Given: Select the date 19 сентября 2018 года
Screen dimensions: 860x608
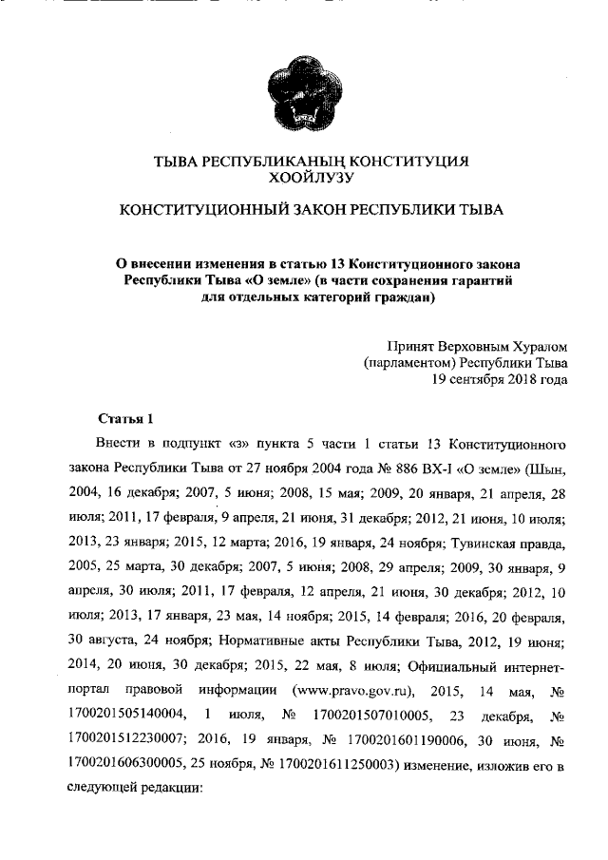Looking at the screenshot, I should coord(500,380).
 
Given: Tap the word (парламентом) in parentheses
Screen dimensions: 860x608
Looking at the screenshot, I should coord(407,363).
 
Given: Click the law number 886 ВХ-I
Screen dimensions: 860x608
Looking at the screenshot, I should coord(407,468).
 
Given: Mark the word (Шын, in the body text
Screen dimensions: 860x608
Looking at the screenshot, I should coord(546,468).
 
